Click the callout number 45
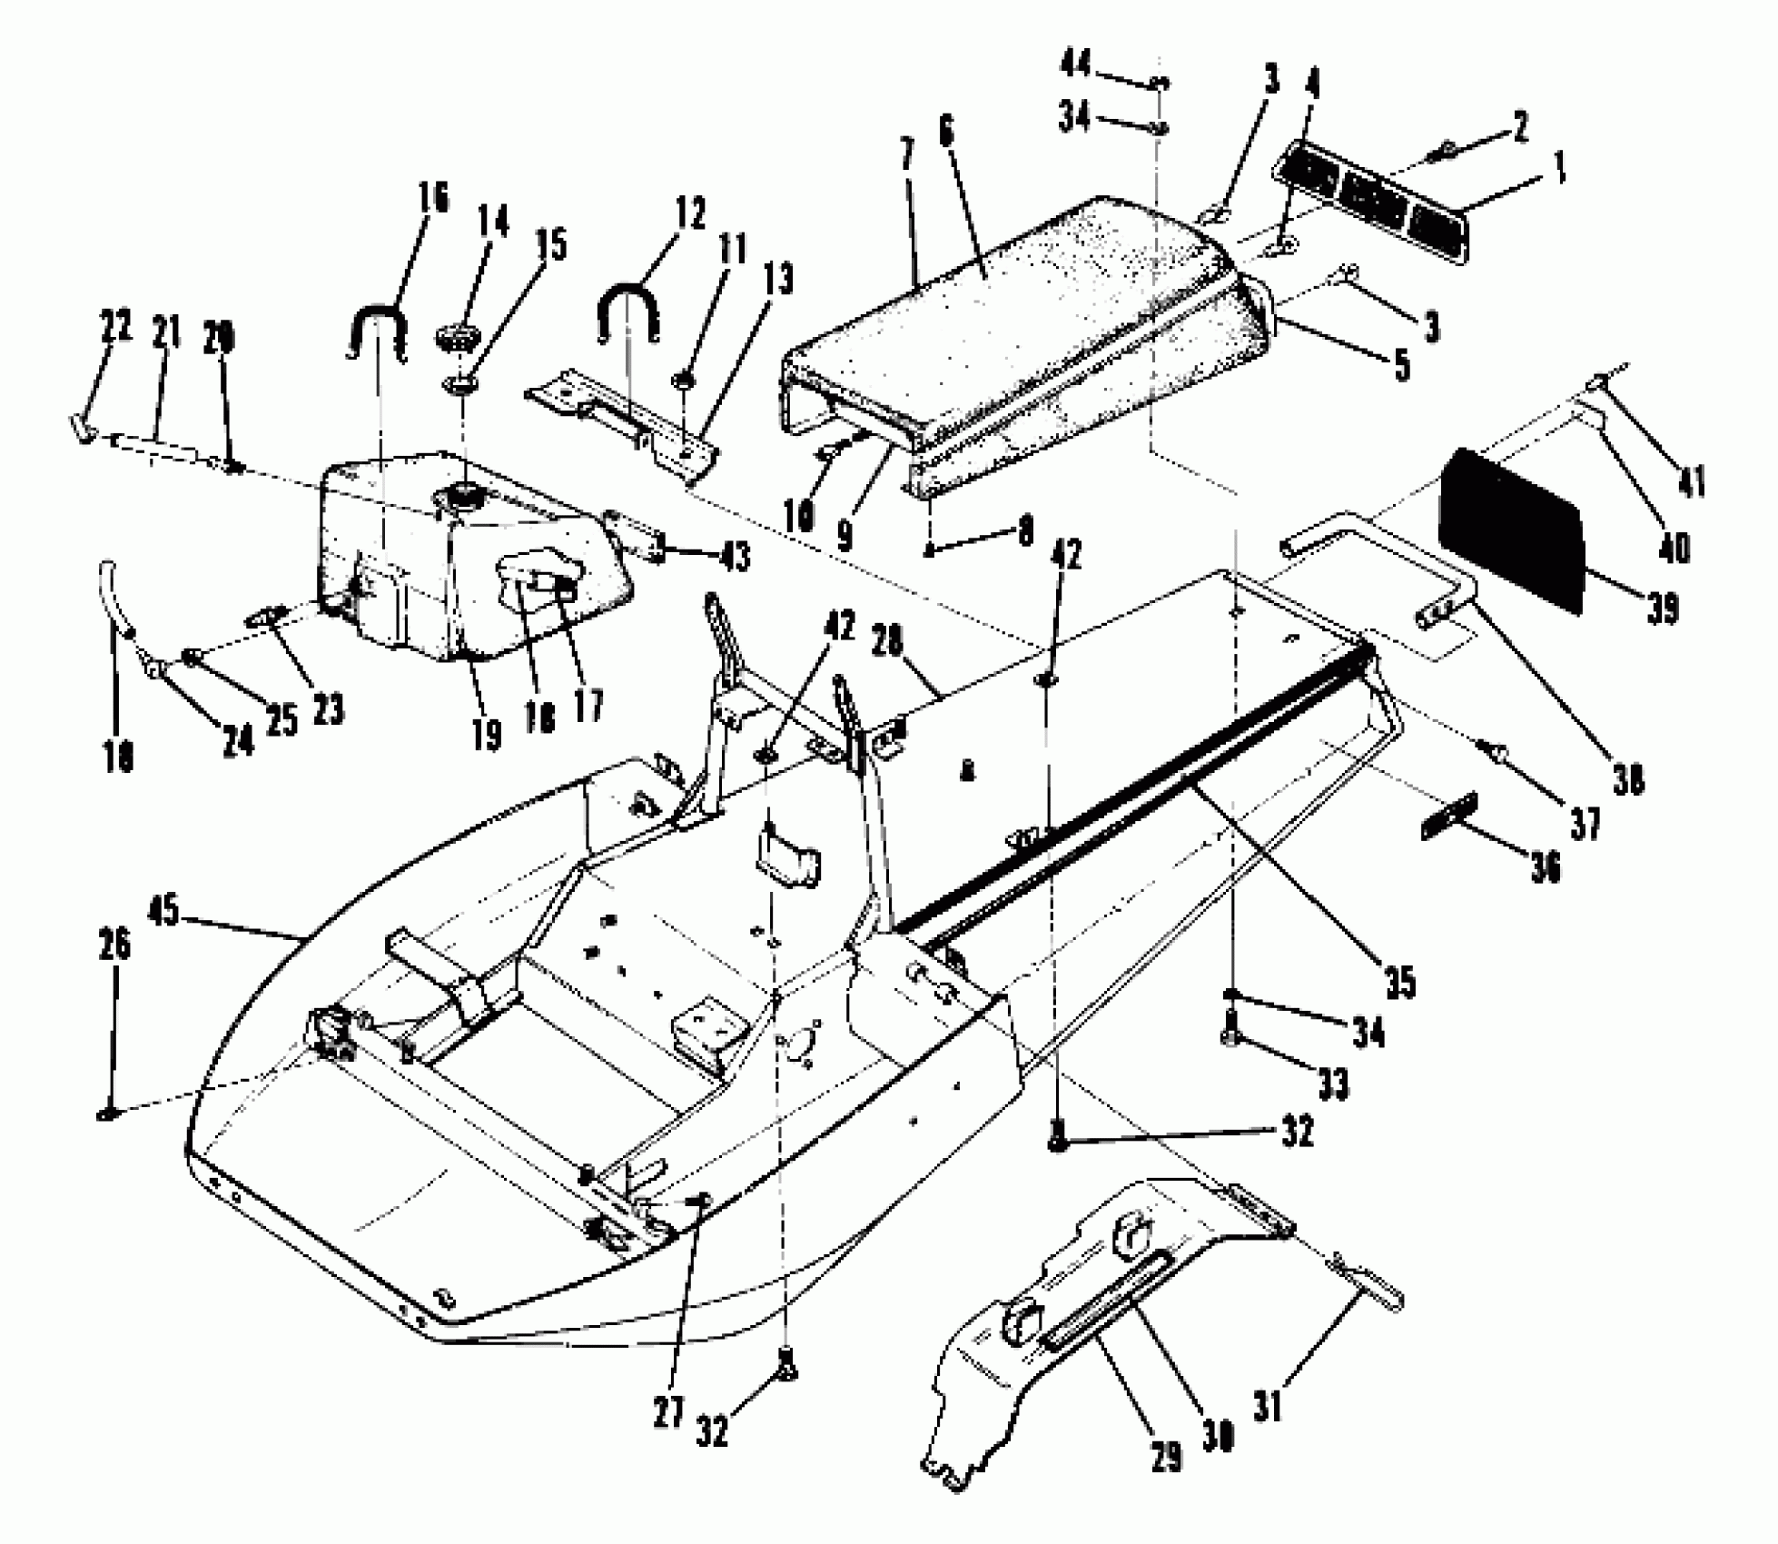(164, 912)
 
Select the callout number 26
(114, 944)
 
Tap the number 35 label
(1401, 983)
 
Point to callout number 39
(1662, 608)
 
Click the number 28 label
(888, 641)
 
